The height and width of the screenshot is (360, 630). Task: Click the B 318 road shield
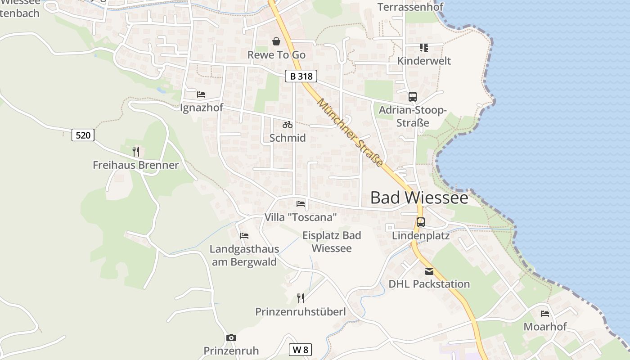(x=301, y=76)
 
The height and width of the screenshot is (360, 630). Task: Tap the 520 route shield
(x=83, y=135)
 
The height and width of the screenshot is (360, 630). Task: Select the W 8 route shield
(x=300, y=350)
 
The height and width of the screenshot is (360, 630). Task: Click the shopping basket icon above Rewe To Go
(x=276, y=42)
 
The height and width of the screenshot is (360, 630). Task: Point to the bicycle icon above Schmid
(x=288, y=125)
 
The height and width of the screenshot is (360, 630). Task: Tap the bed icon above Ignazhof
(x=201, y=94)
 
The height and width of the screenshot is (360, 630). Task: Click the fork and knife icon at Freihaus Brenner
(x=136, y=152)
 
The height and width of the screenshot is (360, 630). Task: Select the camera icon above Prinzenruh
(x=231, y=337)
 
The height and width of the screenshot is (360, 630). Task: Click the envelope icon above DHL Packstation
(x=429, y=271)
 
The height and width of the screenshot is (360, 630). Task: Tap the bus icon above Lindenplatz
(x=421, y=222)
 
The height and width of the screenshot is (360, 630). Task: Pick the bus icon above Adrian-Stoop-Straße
(x=413, y=96)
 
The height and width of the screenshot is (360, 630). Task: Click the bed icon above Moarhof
(x=545, y=314)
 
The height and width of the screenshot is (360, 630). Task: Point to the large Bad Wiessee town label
(x=419, y=198)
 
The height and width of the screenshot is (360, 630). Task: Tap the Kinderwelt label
(x=424, y=61)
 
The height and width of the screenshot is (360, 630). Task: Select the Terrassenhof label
(x=410, y=7)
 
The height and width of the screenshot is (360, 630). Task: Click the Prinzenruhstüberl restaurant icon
(x=301, y=298)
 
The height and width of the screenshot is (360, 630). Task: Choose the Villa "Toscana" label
(x=301, y=217)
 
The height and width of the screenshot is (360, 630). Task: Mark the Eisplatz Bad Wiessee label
(x=332, y=242)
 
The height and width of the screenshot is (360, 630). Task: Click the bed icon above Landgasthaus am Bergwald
(x=244, y=236)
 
